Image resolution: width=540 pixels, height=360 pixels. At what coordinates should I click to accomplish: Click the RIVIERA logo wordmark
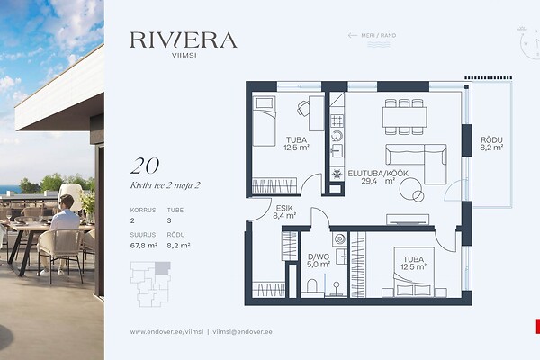click(x=184, y=40)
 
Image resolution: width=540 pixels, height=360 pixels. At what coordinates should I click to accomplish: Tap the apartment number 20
click(x=145, y=166)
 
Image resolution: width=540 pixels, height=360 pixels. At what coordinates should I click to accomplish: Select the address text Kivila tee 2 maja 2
click(x=165, y=185)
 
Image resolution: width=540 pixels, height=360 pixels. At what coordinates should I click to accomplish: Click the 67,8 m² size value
click(x=144, y=246)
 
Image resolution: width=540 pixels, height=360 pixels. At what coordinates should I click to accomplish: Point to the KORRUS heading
click(x=143, y=210)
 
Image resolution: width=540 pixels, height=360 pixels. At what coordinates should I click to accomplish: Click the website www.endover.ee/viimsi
click(x=166, y=332)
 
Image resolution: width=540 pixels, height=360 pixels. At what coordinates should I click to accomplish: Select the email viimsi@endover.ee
click(x=242, y=332)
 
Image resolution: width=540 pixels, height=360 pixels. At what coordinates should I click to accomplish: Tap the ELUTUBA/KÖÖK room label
click(x=378, y=174)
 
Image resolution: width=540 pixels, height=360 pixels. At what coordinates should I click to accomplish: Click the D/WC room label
click(x=319, y=256)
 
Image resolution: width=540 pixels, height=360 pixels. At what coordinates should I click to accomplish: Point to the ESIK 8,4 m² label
click(x=284, y=211)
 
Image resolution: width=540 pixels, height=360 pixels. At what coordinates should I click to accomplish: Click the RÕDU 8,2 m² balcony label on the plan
click(x=491, y=144)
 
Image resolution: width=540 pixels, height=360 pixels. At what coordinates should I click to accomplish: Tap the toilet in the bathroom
click(x=311, y=286)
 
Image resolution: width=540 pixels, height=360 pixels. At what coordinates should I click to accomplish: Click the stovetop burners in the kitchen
click(x=337, y=121)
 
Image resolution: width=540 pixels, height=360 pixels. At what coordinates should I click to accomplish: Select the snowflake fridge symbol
click(x=337, y=174)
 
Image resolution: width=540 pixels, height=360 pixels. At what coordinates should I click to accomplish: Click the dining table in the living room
click(x=404, y=117)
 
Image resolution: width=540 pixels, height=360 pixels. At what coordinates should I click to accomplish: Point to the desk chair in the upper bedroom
click(x=303, y=109)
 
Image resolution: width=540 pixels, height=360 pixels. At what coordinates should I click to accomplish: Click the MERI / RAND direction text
click(x=379, y=35)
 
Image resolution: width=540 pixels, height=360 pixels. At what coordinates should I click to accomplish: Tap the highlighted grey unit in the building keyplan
click(x=163, y=268)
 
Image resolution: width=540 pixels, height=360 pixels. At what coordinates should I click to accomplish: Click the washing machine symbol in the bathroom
click(x=340, y=239)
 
